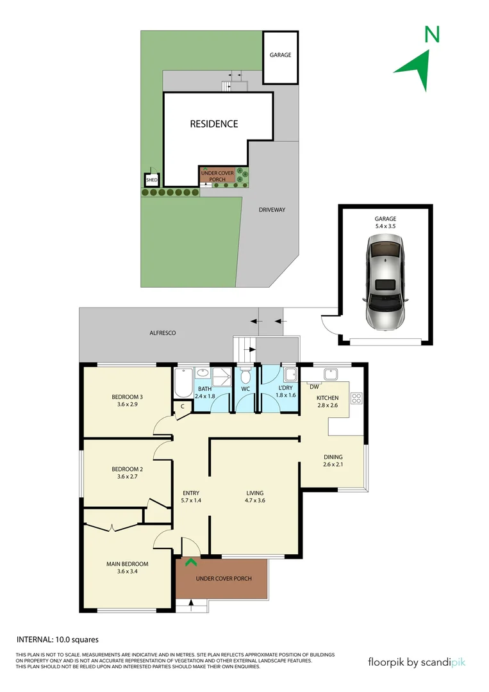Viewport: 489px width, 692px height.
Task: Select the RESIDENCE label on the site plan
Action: [213, 124]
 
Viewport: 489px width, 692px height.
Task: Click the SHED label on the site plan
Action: [152, 181]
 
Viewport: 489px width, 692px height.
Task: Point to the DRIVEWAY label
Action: [272, 210]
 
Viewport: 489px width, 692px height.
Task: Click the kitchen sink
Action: [331, 374]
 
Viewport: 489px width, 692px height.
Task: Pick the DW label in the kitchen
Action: [314, 387]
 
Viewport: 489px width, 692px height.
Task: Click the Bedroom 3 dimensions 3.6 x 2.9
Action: [128, 404]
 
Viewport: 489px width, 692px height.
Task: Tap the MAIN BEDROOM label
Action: [127, 564]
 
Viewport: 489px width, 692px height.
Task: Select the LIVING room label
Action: [254, 493]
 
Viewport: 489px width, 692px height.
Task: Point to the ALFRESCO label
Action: [162, 333]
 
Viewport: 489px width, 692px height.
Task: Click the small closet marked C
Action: [182, 406]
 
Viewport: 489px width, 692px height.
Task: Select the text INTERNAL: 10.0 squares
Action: [57, 639]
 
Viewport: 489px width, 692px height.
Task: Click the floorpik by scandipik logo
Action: [417, 662]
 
